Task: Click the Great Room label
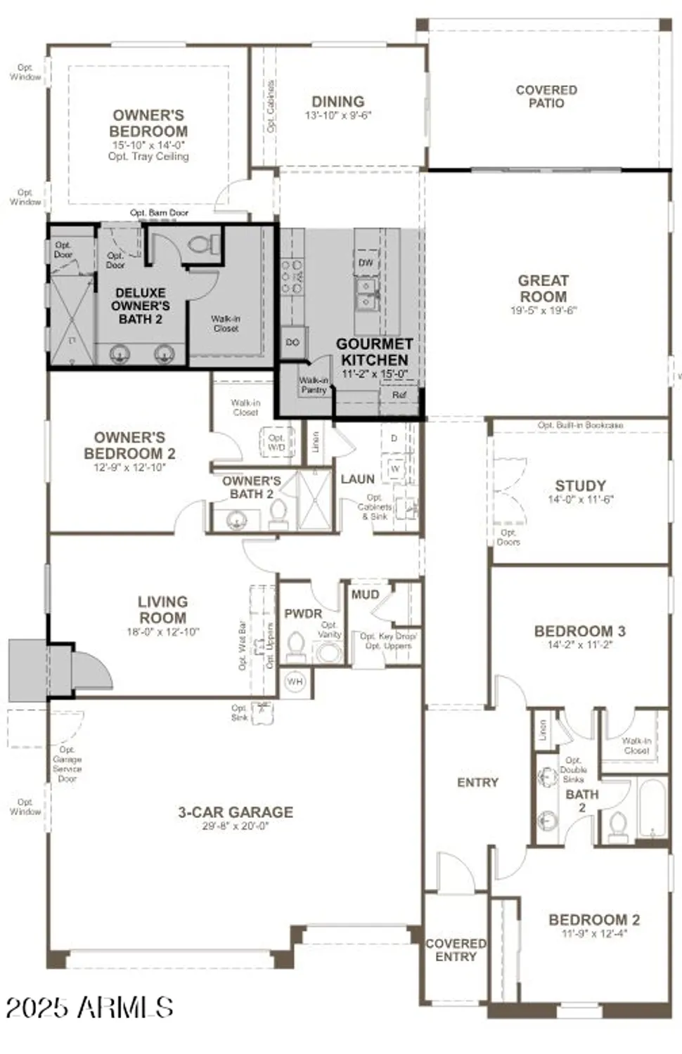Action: coord(543,288)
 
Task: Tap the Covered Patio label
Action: coord(546,96)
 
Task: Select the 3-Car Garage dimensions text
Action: coord(236,826)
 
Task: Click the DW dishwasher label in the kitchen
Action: coord(366,263)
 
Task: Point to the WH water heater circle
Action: coord(295,682)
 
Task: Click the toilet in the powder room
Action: coord(296,647)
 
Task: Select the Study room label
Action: coord(580,486)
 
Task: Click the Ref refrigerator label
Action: coord(399,395)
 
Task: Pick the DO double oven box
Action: coord(292,342)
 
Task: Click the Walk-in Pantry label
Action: coord(314,385)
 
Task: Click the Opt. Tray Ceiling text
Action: coord(148,157)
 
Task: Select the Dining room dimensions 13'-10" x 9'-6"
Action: coord(337,115)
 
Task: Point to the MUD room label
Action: coord(365,594)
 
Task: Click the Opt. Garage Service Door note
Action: coord(67,765)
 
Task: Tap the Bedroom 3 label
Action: coord(579,631)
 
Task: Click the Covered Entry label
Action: coord(456,950)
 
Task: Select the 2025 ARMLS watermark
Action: coord(89,1008)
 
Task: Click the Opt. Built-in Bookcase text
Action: coord(580,425)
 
